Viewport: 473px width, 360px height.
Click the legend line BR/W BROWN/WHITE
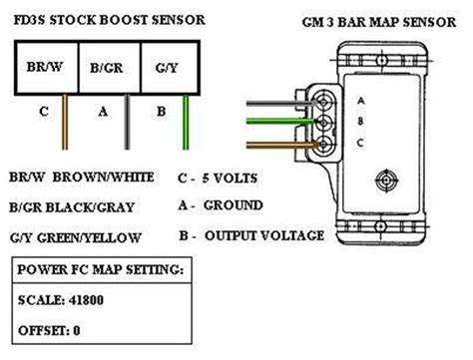[x=84, y=178]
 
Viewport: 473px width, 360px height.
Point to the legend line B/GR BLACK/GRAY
[x=77, y=206]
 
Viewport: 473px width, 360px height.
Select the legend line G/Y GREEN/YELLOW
[x=77, y=237]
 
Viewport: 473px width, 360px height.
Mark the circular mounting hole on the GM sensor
[x=387, y=181]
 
